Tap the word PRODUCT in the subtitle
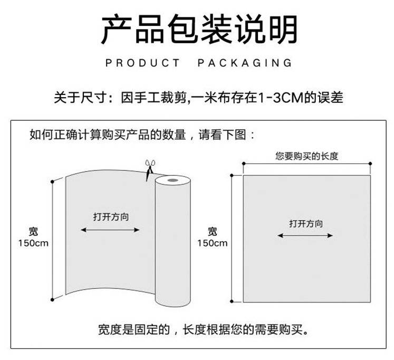(x=142, y=63)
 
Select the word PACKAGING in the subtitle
(x=245, y=63)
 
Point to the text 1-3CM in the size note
(x=281, y=98)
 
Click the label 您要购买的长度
(x=306, y=156)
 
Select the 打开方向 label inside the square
(x=306, y=223)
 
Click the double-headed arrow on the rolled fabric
(x=110, y=230)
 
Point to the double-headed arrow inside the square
(x=306, y=235)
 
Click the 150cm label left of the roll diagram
(x=34, y=243)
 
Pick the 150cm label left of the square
(x=213, y=243)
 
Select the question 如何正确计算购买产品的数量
(x=108, y=135)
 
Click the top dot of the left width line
(x=52, y=181)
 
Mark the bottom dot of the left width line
(x=52, y=300)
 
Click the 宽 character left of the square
(x=213, y=231)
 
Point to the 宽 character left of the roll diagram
(x=34, y=231)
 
